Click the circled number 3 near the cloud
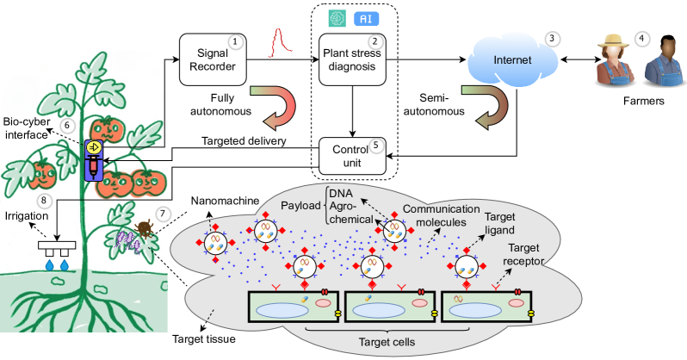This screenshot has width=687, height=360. [x=553, y=38]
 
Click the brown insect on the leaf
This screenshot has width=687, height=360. [x=145, y=227]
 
